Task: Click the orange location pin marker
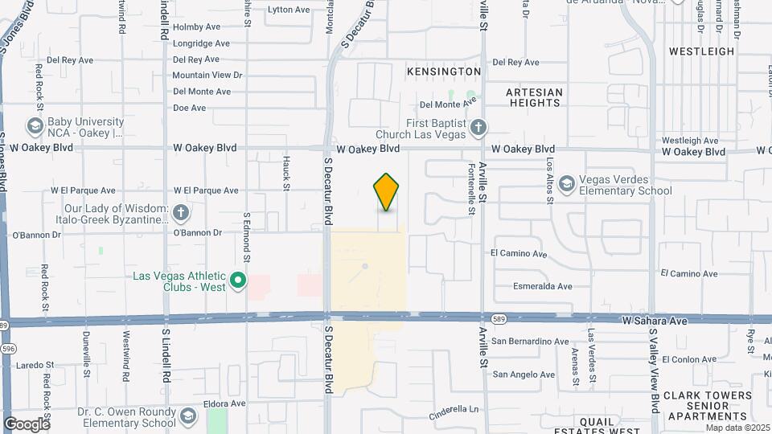386,191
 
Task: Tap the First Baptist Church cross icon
478,127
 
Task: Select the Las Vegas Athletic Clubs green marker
237,280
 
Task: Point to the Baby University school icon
35,126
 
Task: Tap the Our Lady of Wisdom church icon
181,213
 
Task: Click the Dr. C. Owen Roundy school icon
187,416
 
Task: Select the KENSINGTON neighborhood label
444,72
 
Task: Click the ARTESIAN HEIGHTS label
534,97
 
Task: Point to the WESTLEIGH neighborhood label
702,51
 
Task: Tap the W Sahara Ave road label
655,321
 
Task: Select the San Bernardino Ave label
531,342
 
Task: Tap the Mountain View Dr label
207,76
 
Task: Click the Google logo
27,424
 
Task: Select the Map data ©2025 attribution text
737,428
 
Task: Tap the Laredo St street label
32,364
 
